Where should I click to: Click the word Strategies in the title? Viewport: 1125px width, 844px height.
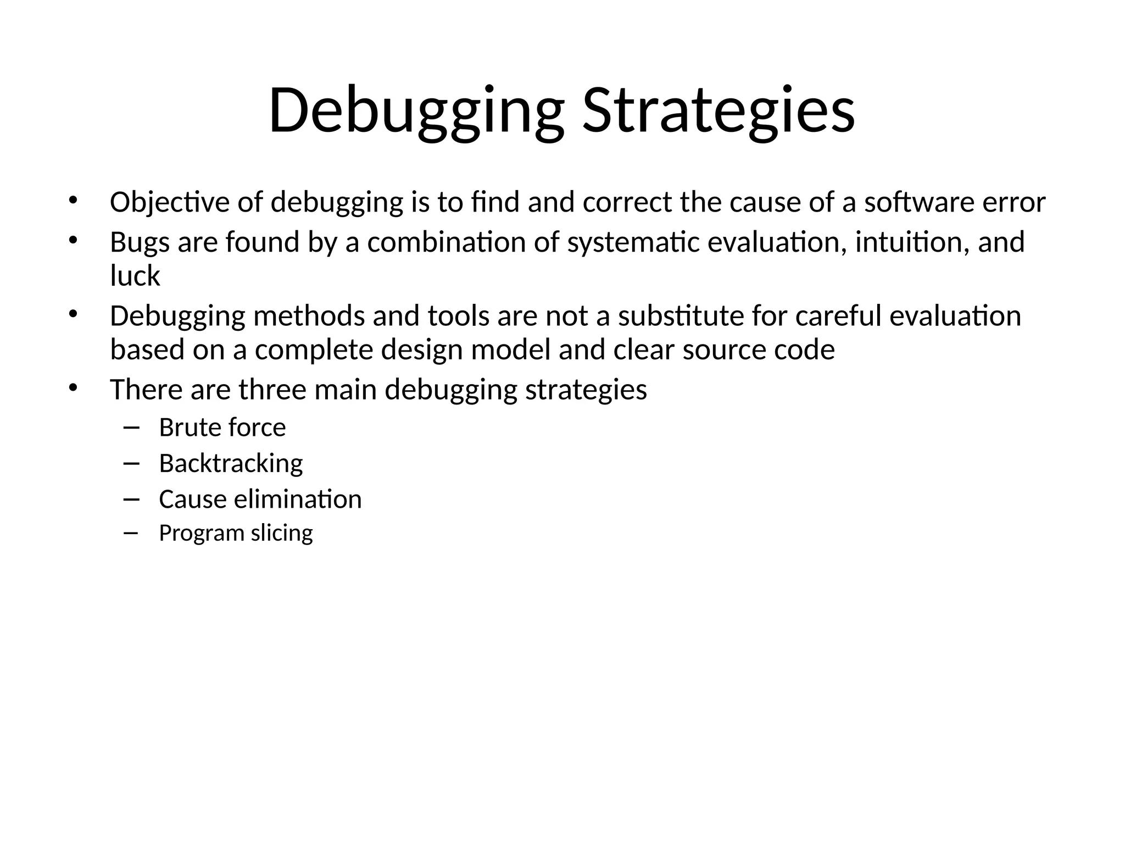(718, 111)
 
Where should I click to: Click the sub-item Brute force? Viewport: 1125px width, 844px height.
(222, 427)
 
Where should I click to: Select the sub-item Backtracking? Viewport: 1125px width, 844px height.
(231, 463)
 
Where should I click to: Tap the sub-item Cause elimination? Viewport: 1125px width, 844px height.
(260, 499)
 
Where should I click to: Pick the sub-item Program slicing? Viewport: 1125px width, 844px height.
(236, 533)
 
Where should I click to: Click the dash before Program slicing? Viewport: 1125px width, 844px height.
(131, 532)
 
